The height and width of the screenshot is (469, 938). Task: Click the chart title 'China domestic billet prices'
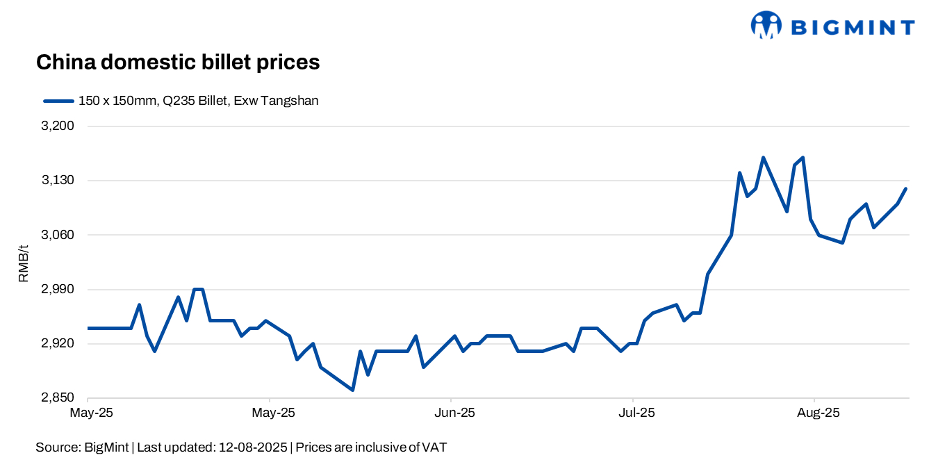point(177,63)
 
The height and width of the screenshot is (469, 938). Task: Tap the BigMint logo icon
point(766,25)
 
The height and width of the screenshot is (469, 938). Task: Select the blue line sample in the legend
point(58,101)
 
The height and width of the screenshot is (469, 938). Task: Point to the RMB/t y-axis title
point(24,263)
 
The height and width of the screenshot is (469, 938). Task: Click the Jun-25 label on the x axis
point(454,413)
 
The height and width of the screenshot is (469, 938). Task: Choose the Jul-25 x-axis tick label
point(636,413)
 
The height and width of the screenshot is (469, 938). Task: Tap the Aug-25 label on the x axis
point(818,413)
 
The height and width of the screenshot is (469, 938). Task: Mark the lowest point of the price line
point(353,390)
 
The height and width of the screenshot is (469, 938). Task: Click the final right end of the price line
point(906,188)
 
